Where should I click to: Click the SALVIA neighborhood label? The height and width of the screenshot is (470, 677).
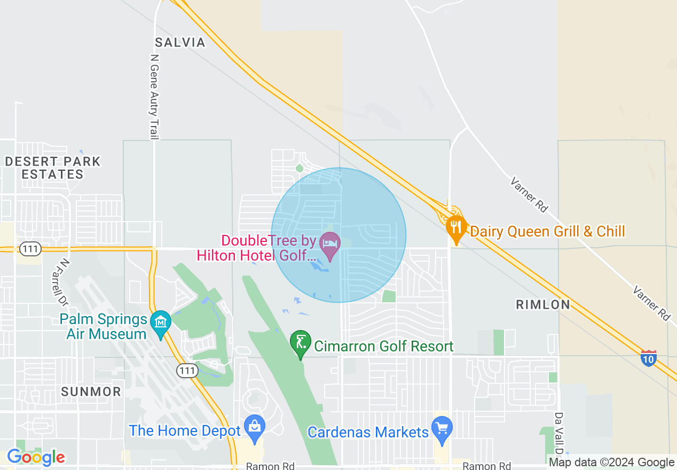pyautogui.click(x=180, y=43)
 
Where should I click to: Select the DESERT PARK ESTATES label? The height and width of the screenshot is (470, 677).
pyautogui.click(x=52, y=168)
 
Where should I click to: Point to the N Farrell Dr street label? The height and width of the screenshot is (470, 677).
pyautogui.click(x=64, y=283)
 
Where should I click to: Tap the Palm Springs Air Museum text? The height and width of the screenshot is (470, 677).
pyautogui.click(x=103, y=327)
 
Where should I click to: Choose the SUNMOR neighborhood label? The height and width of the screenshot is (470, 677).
pyautogui.click(x=91, y=391)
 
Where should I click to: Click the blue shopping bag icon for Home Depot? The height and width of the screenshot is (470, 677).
pyautogui.click(x=254, y=427)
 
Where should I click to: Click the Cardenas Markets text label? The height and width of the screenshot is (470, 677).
pyautogui.click(x=368, y=432)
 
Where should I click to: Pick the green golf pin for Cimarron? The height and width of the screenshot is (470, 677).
pyautogui.click(x=301, y=342)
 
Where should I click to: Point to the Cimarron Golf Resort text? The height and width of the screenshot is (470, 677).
pyautogui.click(x=383, y=347)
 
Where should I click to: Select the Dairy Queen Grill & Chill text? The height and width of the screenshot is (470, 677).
pyautogui.click(x=547, y=231)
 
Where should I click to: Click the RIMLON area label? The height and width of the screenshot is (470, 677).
pyautogui.click(x=542, y=304)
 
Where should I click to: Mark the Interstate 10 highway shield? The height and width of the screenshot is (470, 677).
pyautogui.click(x=649, y=358)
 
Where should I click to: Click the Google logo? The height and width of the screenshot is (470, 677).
pyautogui.click(x=36, y=457)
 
